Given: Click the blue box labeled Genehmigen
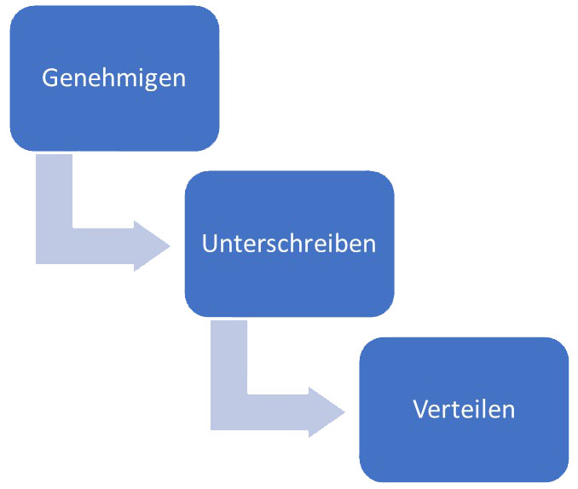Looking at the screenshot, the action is pyautogui.click(x=114, y=78).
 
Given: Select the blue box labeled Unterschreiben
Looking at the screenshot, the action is pyautogui.click(x=289, y=244).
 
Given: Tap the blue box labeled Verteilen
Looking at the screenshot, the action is pyautogui.click(x=464, y=410).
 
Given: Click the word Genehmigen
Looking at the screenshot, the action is pyautogui.click(x=114, y=78).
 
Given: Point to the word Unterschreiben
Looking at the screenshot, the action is pyautogui.click(x=289, y=244).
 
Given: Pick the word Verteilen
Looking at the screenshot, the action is pyautogui.click(x=464, y=409).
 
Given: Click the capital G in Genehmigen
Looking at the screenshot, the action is pyautogui.click(x=49, y=78).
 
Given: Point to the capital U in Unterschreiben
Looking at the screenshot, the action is pyautogui.click(x=210, y=244).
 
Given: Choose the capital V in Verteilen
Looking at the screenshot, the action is pyautogui.click(x=420, y=409).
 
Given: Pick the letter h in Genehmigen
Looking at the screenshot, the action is pyautogui.click(x=105, y=78).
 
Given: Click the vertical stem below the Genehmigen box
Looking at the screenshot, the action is pyautogui.click(x=55, y=191).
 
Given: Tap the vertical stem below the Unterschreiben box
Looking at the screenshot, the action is pyautogui.click(x=229, y=357).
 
